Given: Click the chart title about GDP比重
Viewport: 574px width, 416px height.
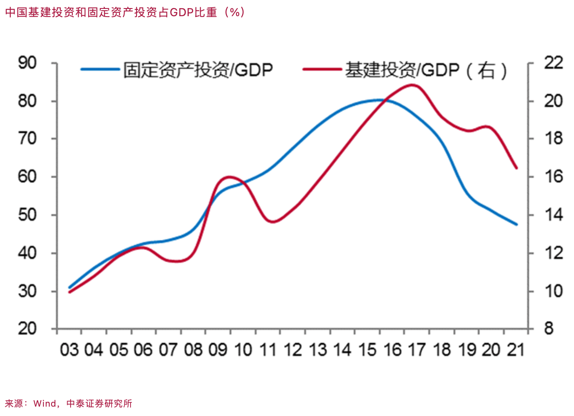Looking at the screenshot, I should tap(125, 12).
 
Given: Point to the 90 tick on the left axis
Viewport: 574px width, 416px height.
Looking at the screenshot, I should tap(27, 63).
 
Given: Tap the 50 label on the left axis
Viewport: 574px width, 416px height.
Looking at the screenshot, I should tap(27, 215).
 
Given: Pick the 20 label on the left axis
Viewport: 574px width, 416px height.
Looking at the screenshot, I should tap(27, 329).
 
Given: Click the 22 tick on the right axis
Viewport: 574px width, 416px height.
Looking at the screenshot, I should tap(553, 63).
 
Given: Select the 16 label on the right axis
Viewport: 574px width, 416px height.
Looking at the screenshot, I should tap(553, 177).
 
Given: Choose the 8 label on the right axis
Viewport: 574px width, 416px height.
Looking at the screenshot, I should tap(549, 329).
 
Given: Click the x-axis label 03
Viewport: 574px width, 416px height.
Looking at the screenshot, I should tap(69, 350).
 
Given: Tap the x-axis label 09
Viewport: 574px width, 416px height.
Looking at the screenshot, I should tap(218, 350).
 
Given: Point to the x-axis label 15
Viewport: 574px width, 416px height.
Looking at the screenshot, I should tap(367, 350).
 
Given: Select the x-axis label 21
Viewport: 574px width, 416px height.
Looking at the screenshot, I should tap(516, 350).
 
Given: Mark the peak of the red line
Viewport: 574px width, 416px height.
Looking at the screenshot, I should tap(412, 85).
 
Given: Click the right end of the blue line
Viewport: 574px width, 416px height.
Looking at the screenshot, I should tap(517, 224).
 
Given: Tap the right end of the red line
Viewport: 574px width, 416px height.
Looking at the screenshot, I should tap(517, 168).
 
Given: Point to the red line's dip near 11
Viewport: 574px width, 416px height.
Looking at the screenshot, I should tap(273, 222).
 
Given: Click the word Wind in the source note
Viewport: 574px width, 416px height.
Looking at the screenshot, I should tap(44, 403).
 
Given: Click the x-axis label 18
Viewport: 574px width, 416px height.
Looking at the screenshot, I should tap(442, 350).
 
